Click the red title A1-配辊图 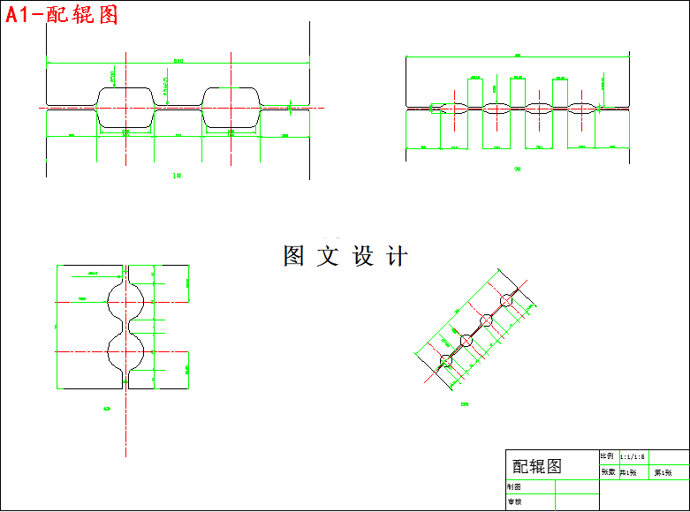pos(61,14)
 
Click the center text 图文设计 pos(345,256)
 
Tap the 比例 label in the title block pos(608,456)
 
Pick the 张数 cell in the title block pos(608,471)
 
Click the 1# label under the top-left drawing pos(177,176)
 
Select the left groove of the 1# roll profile pos(125,107)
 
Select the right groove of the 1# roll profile pos(231,107)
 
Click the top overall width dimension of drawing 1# pos(178,62)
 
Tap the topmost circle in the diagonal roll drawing pos(506,301)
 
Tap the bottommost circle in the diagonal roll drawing pos(445,360)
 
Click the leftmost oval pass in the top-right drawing pos(454,109)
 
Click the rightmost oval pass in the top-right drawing pos(581,109)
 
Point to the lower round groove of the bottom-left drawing pos(125,351)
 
